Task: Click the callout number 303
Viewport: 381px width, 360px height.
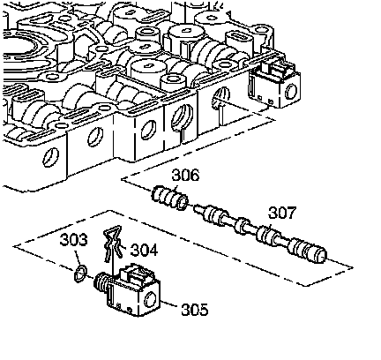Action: (x=73, y=239)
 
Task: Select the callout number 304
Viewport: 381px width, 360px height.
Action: (x=144, y=250)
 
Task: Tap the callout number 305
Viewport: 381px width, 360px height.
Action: (x=195, y=310)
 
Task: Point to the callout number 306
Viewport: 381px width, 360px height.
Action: (x=185, y=175)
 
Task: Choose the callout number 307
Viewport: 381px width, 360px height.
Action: (x=282, y=213)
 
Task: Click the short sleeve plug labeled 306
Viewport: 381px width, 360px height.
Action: (x=169, y=198)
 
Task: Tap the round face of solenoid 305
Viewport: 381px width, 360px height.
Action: (x=150, y=300)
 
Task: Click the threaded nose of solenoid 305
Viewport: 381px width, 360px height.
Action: (x=101, y=284)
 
